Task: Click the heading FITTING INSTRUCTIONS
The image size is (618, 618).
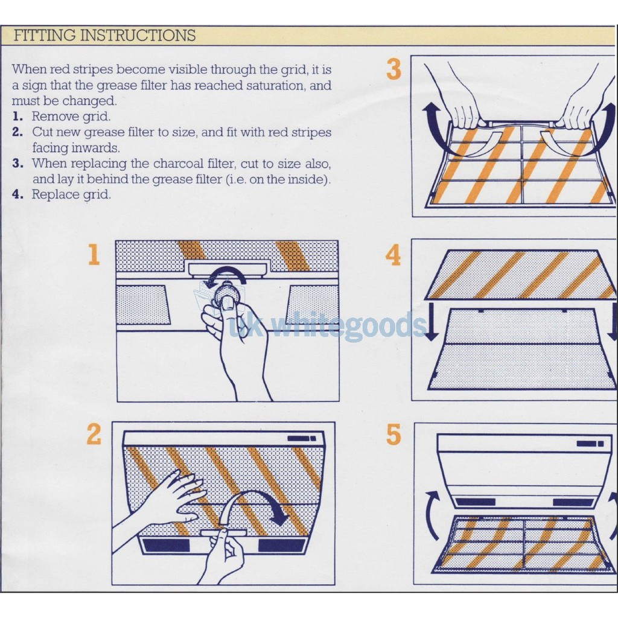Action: pyautogui.click(x=104, y=35)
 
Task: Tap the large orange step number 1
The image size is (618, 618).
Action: pyautogui.click(x=94, y=255)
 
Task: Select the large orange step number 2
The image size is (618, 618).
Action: pyautogui.click(x=94, y=434)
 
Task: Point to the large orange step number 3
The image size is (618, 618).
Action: pyautogui.click(x=393, y=70)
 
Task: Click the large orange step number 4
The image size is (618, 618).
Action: pyautogui.click(x=393, y=255)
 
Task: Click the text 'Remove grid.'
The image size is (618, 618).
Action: pyautogui.click(x=71, y=116)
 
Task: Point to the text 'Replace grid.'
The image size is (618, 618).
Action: pyautogui.click(x=71, y=194)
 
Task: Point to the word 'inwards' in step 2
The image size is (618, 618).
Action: pyautogui.click(x=98, y=148)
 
